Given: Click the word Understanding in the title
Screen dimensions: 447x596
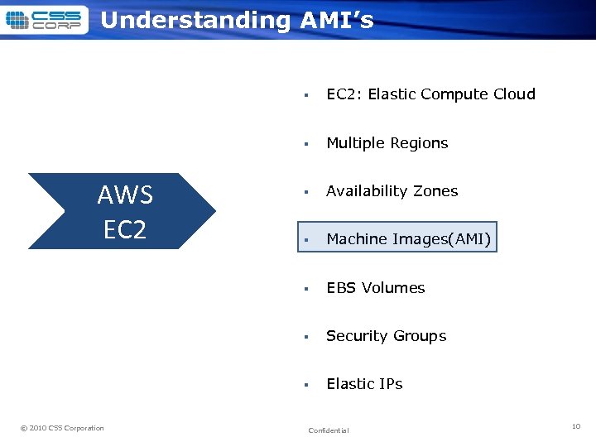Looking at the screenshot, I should pos(195,20).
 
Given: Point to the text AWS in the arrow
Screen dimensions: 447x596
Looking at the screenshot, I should pos(125,195).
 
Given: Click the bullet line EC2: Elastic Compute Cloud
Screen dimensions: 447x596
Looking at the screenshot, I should pos(430,94).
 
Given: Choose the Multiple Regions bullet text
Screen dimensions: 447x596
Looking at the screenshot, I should pos(387,143).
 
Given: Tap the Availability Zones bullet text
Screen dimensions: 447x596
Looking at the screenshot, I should pos(392,191).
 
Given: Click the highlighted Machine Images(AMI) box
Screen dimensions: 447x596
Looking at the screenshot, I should pos(397,239).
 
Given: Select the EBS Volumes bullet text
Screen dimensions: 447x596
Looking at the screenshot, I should pos(375,288).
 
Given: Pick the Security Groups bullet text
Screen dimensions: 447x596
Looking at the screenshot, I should pos(386,336).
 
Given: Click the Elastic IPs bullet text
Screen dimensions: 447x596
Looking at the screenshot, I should pos(364,384).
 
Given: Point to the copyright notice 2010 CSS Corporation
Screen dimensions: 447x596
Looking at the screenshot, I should pos(62,428).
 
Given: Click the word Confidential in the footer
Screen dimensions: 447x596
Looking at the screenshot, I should pos(328,430).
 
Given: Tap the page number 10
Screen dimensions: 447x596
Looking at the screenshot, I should pos(576,426).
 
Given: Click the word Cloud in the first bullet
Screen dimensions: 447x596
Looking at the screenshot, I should pos(514,94).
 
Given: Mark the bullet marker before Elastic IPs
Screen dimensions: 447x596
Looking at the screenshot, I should pos(305,385).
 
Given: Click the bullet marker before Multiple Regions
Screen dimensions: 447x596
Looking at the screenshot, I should pos(305,144).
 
